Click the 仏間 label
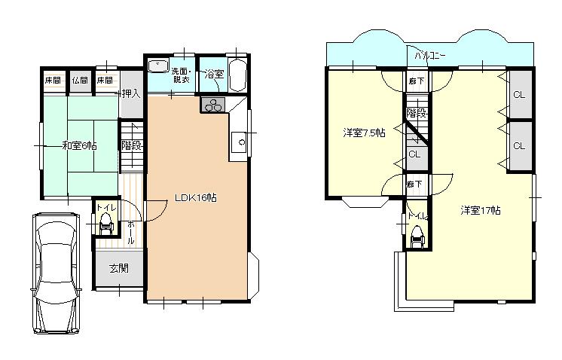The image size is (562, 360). (x=79, y=80)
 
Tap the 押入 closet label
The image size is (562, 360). (x=132, y=94)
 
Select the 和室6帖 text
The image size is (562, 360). (x=79, y=145)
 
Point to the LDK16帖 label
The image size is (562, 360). (x=196, y=198)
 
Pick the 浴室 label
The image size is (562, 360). (x=214, y=74)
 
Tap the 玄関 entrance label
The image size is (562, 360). (x=118, y=268)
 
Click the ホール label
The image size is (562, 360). (x=130, y=232)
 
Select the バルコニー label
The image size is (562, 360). (x=430, y=54)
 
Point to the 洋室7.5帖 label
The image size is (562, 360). (x=364, y=133)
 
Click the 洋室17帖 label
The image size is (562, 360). (x=481, y=211)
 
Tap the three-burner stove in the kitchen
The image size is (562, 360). (x=212, y=105)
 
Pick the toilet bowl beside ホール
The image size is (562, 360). (x=105, y=222)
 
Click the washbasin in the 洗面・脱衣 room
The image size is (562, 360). (x=157, y=66)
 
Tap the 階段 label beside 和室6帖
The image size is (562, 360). (x=132, y=145)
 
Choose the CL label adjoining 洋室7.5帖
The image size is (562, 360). (x=414, y=154)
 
